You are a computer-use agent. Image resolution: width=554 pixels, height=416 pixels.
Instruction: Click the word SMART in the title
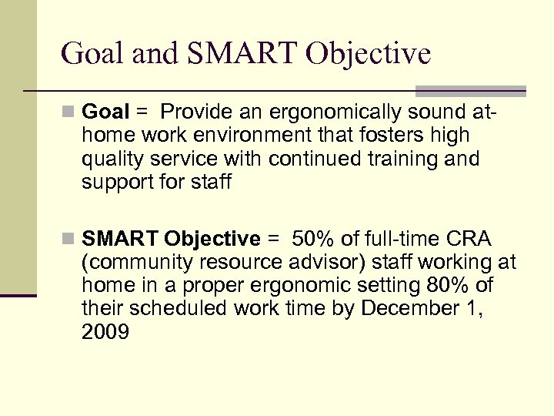[x=234, y=54]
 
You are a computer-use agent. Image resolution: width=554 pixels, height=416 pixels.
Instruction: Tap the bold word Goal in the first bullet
[x=105, y=112]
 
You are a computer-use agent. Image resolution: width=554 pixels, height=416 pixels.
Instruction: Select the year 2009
[x=105, y=332]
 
